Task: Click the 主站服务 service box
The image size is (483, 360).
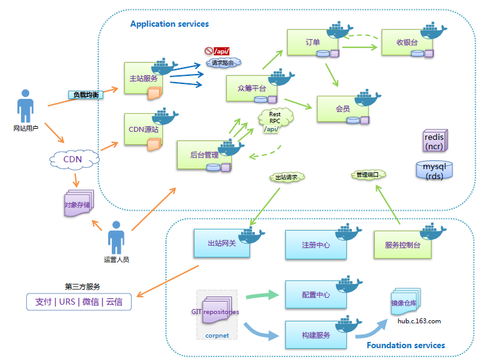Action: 143,78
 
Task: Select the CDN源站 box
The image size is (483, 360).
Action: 143,130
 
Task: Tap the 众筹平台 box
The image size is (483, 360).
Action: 251,88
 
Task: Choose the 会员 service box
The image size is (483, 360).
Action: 343,109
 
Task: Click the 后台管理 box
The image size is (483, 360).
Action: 205,155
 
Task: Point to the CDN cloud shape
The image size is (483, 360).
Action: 73,159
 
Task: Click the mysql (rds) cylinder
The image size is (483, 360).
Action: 434,170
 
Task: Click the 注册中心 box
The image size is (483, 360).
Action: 315,245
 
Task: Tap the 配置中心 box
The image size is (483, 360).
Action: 315,295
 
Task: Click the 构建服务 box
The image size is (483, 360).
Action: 315,335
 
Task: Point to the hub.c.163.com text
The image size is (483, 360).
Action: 419,321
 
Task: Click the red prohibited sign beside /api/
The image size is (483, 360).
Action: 208,51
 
